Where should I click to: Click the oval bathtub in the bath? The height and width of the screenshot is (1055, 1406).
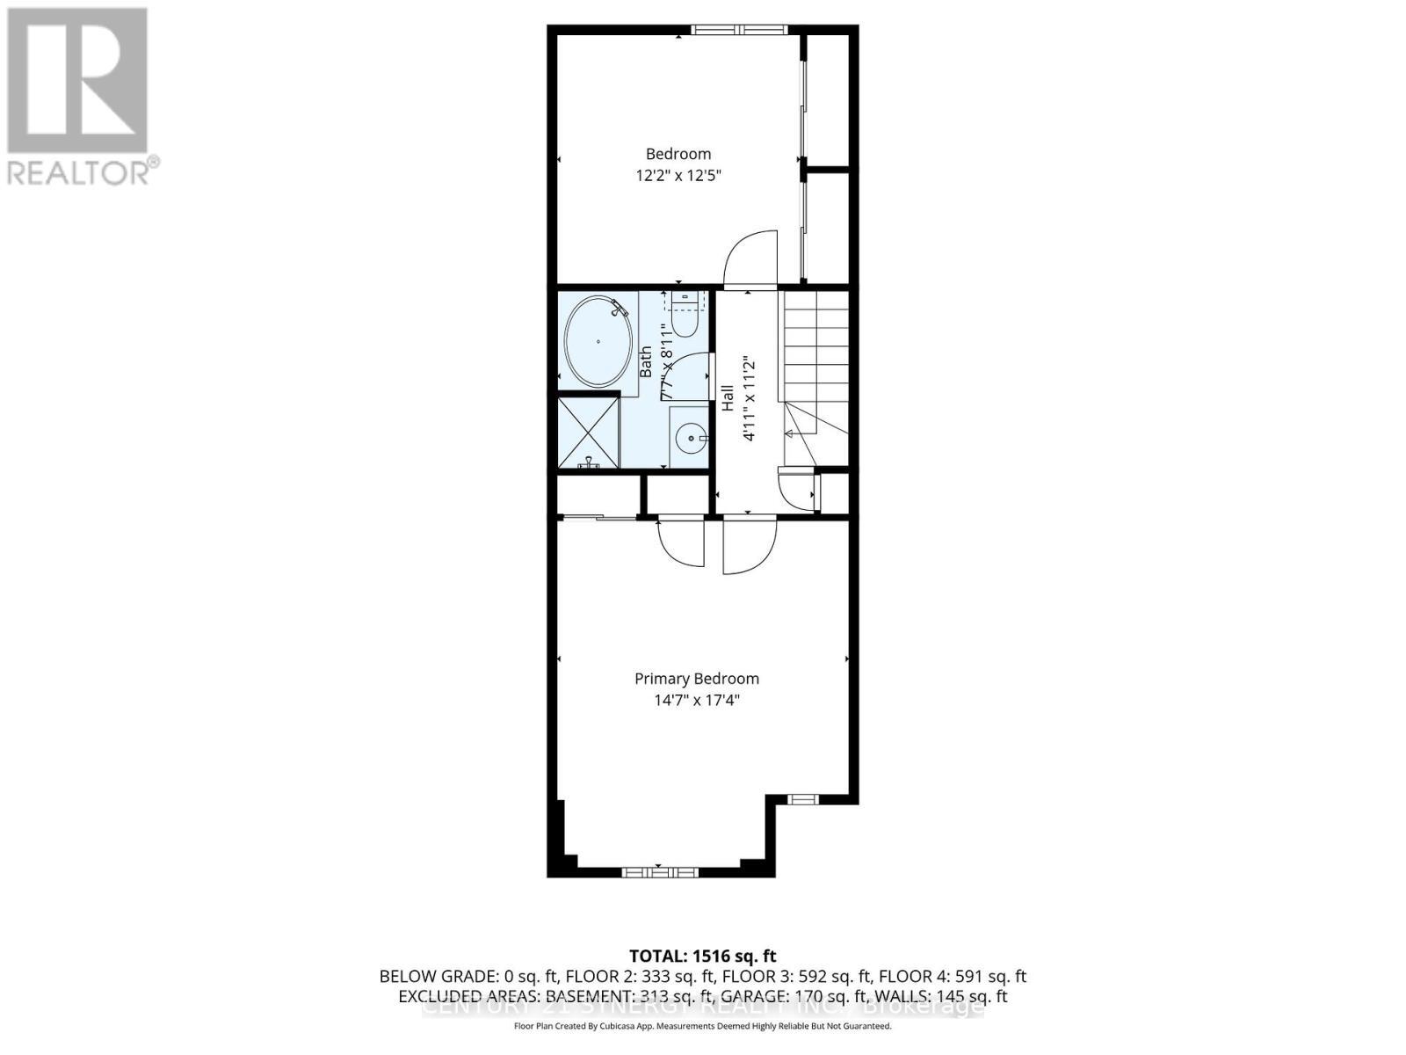[x=598, y=341]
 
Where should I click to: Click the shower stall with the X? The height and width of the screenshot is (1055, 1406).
[x=588, y=433]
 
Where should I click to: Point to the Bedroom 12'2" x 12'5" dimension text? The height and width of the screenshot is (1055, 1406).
[x=678, y=175]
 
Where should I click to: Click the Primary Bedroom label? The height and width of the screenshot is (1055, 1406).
[x=697, y=679]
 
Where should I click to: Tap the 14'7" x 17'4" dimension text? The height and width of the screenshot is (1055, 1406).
[x=697, y=701]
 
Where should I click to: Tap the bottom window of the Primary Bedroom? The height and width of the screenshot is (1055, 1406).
[x=660, y=872]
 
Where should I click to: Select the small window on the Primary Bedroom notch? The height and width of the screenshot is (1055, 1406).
[x=801, y=799]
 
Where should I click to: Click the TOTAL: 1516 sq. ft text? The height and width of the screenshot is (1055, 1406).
[x=703, y=956]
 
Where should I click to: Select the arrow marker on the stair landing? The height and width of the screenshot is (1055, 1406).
[x=789, y=433]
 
